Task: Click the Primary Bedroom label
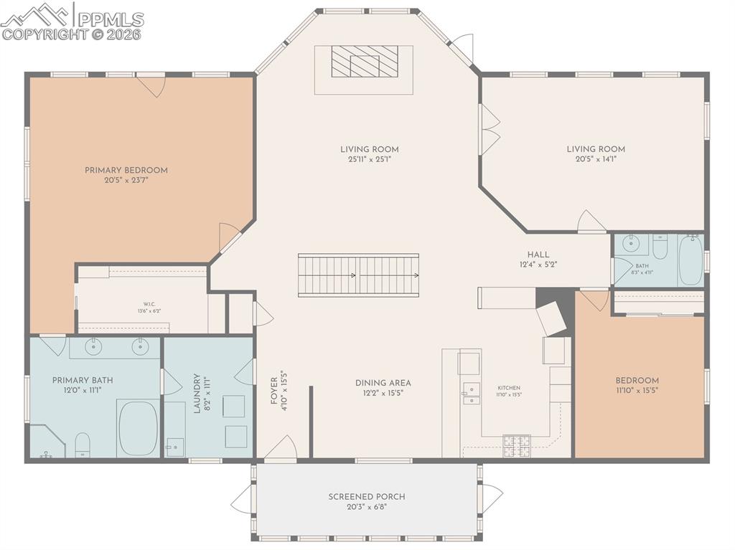click(x=126, y=170)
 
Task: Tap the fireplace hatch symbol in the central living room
click(x=365, y=62)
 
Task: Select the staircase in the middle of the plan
click(x=358, y=275)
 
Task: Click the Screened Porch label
click(x=367, y=496)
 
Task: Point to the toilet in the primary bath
click(x=83, y=444)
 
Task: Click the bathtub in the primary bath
click(x=137, y=427)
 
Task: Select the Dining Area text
click(x=383, y=383)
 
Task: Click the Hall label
click(x=538, y=255)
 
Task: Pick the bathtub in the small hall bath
click(x=690, y=260)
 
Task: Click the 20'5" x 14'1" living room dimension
click(x=596, y=159)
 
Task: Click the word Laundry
click(x=197, y=394)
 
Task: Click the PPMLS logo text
click(x=109, y=19)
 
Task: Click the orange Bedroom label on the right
click(x=637, y=381)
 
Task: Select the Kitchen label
click(x=508, y=387)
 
